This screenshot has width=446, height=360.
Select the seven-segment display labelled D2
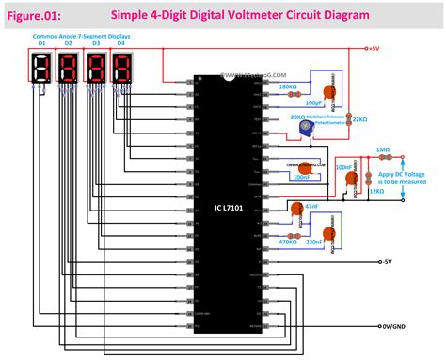(70, 70)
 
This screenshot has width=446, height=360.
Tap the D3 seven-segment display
(96, 70)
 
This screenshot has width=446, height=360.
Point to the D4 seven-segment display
(122, 70)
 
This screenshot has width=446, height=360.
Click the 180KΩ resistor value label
(288, 87)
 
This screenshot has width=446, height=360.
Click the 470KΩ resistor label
(288, 243)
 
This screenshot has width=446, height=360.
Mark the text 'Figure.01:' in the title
(35, 16)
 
